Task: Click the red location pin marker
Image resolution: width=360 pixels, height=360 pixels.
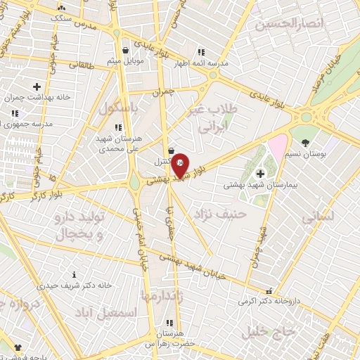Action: coord(180,165)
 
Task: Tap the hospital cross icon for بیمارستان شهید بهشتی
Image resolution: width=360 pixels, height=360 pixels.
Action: coord(260,173)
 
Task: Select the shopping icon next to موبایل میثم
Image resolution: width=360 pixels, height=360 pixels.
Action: coord(125,51)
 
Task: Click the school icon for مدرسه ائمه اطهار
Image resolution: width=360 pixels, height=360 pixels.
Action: coord(201,51)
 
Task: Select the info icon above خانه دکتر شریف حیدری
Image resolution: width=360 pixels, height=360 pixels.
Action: coord(75,275)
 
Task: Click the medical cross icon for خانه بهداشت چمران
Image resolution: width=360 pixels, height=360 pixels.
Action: coord(37,86)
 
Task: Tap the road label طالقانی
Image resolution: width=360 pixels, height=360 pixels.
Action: coord(83,65)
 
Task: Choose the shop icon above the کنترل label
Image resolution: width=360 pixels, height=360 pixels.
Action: coord(172,150)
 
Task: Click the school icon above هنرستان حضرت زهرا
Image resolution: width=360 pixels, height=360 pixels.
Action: coord(169,322)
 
